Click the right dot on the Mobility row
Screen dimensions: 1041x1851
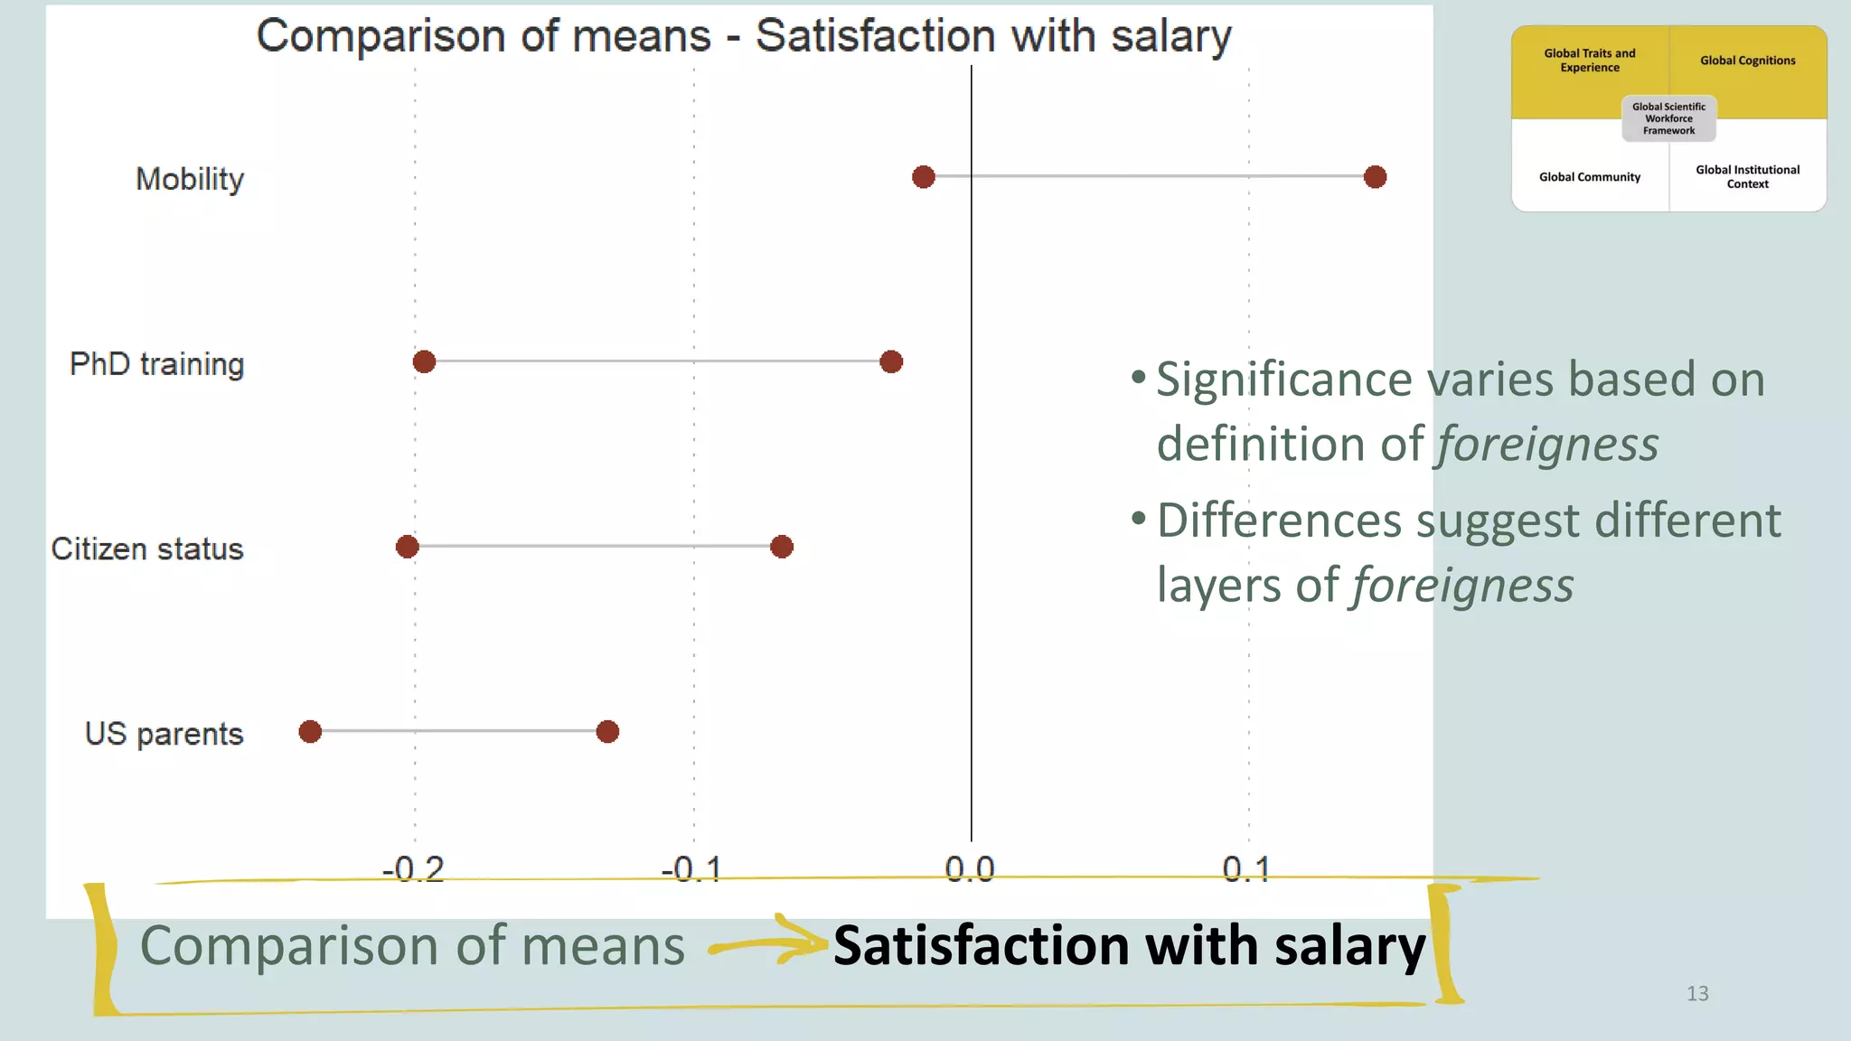click(x=1375, y=177)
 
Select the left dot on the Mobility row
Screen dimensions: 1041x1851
click(x=923, y=177)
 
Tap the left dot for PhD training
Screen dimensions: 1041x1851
click(x=424, y=362)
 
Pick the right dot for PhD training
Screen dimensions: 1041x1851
click(x=891, y=362)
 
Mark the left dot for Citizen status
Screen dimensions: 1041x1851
click(x=408, y=547)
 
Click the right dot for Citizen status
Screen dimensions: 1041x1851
click(x=782, y=547)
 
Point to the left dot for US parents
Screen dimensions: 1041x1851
click(x=310, y=732)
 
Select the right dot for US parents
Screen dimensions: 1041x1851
click(x=607, y=732)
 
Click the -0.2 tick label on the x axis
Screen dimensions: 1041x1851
click(x=414, y=869)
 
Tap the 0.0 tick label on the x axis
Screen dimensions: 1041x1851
click(x=970, y=869)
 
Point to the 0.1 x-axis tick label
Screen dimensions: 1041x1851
click(x=1247, y=869)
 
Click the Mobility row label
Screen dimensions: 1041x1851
click(x=190, y=179)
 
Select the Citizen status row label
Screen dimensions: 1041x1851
click(x=147, y=549)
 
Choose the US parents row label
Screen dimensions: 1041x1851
click(x=164, y=734)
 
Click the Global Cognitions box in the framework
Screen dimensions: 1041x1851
click(x=1747, y=61)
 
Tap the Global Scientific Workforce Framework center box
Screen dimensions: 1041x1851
click(x=1668, y=118)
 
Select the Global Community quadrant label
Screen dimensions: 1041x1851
click(x=1590, y=177)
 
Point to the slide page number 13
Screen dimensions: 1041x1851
click(x=1697, y=994)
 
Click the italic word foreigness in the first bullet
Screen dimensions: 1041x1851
click(x=1547, y=445)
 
